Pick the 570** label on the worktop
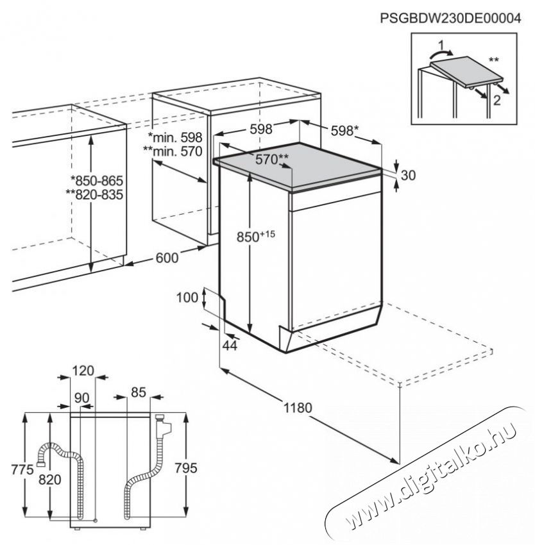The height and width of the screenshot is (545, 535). point(273,161)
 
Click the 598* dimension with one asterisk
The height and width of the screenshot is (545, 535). point(344,130)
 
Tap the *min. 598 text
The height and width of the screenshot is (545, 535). point(175,137)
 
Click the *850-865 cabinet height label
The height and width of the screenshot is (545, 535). point(96,181)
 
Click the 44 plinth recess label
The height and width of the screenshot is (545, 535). point(229,346)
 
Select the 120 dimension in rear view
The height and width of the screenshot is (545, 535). point(83,370)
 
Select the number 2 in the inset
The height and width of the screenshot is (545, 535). point(495,99)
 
